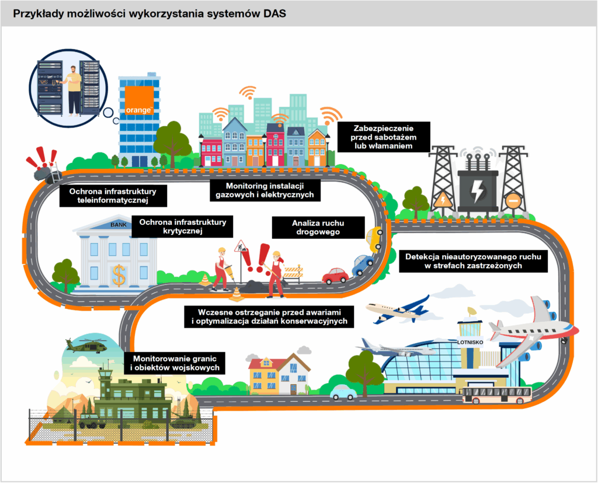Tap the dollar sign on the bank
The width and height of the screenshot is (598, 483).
[x=119, y=274]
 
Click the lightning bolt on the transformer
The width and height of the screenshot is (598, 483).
[x=477, y=191]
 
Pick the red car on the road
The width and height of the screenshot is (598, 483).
[x=335, y=275]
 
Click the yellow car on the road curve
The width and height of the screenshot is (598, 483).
[x=374, y=238]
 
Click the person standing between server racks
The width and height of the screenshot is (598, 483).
[x=74, y=89]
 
